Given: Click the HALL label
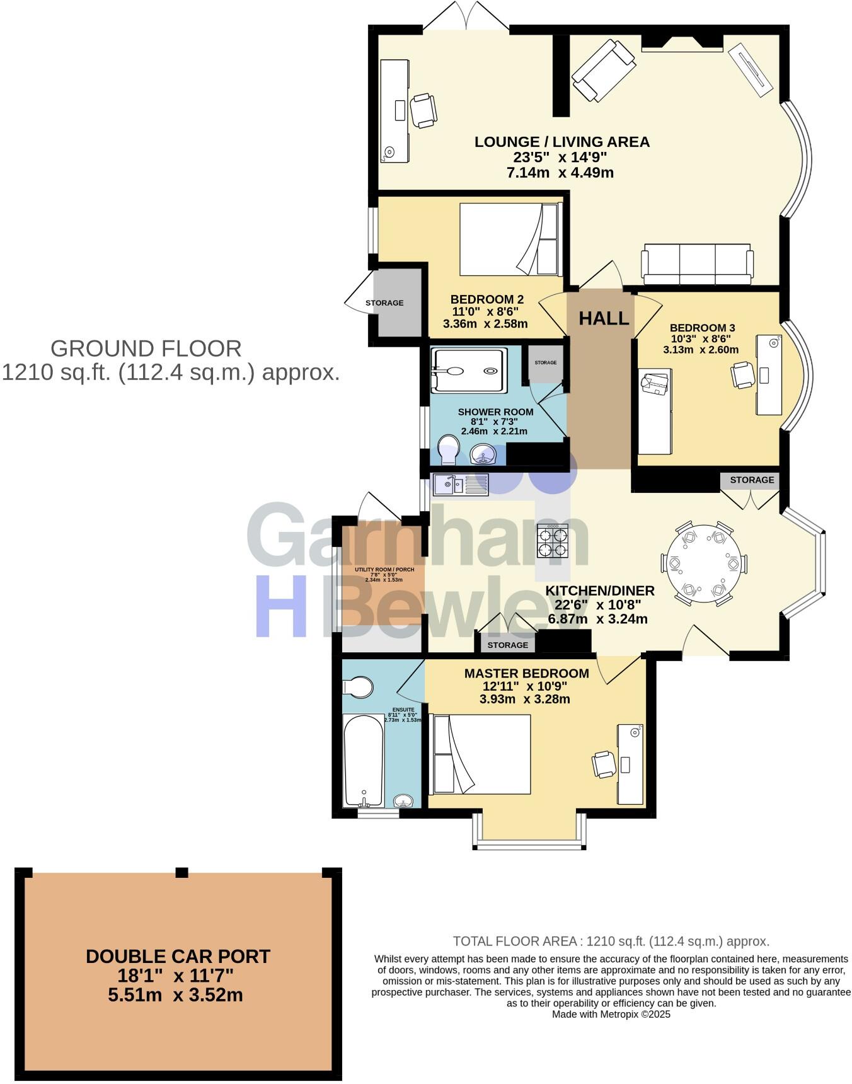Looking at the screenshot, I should point(604,318).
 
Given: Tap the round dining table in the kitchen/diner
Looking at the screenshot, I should point(704,563).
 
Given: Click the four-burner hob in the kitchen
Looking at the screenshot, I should point(553,541).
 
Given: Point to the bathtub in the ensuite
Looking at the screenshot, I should point(364,760).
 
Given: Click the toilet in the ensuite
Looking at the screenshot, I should point(358,688).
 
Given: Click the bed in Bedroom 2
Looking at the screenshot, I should point(509,239).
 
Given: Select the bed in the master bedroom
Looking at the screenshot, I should point(481,754).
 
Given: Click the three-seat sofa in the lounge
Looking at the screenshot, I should point(697,263).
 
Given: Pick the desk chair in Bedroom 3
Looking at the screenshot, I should point(742,374).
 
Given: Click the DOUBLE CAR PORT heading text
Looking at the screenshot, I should point(178,956).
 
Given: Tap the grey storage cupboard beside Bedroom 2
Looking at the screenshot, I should point(397,303).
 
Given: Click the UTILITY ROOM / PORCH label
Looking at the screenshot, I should point(384,570).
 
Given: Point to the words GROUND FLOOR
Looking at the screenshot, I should point(146,349).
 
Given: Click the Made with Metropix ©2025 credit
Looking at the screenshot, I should point(611,1014).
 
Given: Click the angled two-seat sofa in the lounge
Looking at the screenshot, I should point(603,70).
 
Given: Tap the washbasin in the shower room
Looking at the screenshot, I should point(483,454).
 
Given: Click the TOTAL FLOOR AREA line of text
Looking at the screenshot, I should point(611,941).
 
